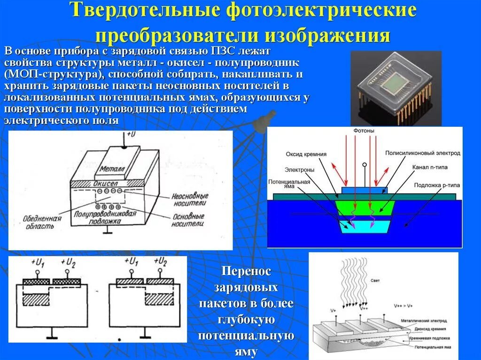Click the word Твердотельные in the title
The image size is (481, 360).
tap(145, 11)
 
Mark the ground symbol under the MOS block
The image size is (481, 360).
tap(108, 230)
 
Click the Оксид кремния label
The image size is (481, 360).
tap(306, 154)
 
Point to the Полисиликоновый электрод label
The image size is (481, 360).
tap(422, 153)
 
